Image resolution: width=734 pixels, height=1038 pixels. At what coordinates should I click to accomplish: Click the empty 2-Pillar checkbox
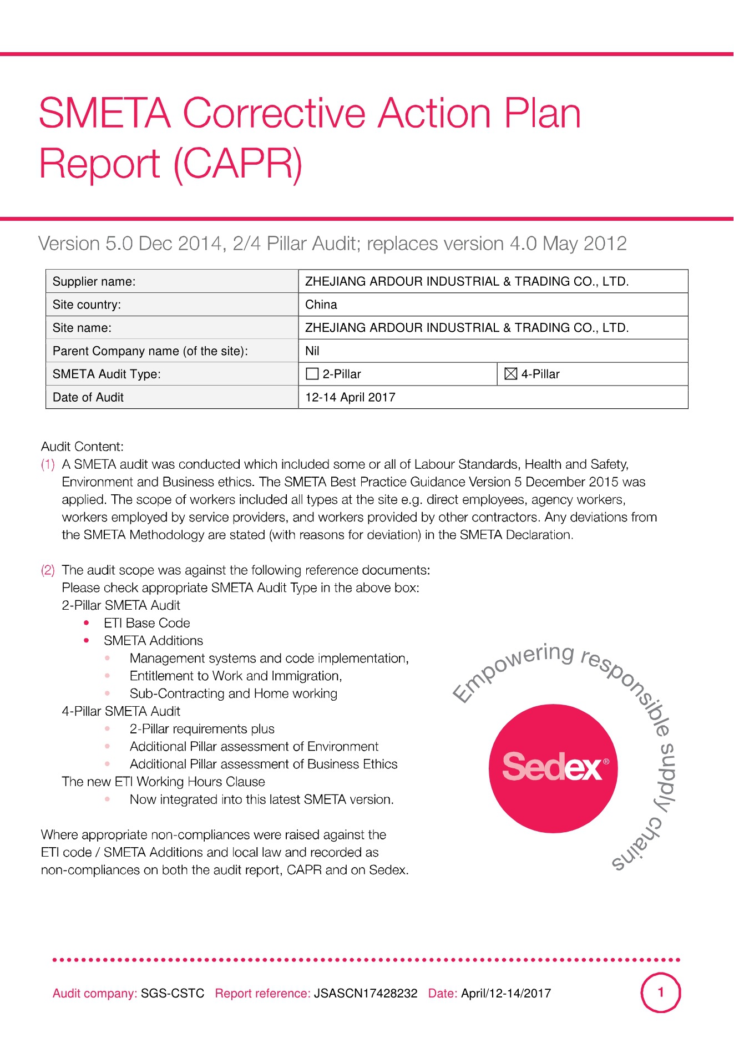click(312, 374)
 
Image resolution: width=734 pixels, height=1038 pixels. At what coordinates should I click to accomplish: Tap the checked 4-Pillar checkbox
click(510, 374)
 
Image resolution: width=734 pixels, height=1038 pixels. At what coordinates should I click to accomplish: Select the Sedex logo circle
click(553, 768)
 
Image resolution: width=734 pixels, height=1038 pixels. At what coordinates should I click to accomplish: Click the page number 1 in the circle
click(660, 993)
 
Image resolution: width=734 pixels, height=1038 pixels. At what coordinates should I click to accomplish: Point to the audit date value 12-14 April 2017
click(350, 397)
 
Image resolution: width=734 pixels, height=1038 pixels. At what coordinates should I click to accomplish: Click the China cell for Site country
click(321, 305)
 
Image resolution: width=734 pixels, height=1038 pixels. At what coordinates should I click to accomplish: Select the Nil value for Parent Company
click(312, 351)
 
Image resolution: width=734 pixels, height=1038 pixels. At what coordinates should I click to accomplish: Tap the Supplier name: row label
click(94, 281)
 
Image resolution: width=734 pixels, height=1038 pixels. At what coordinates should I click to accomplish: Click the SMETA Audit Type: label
click(107, 374)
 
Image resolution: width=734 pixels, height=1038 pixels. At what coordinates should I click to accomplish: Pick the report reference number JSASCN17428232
click(366, 993)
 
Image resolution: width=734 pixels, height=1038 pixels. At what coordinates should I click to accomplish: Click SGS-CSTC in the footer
click(173, 993)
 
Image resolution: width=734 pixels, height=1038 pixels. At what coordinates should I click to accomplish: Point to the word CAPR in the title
click(238, 164)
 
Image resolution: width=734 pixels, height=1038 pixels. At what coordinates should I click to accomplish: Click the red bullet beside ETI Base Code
click(87, 623)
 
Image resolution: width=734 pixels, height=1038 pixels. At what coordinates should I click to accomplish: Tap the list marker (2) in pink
click(48, 570)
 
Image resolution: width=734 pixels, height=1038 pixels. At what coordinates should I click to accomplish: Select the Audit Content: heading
click(82, 447)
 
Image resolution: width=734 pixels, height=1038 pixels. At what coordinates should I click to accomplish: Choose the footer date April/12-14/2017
click(506, 993)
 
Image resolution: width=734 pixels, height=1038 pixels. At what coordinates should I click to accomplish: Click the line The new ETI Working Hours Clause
click(163, 782)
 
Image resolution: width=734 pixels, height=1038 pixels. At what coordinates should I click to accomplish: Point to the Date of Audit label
click(88, 397)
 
